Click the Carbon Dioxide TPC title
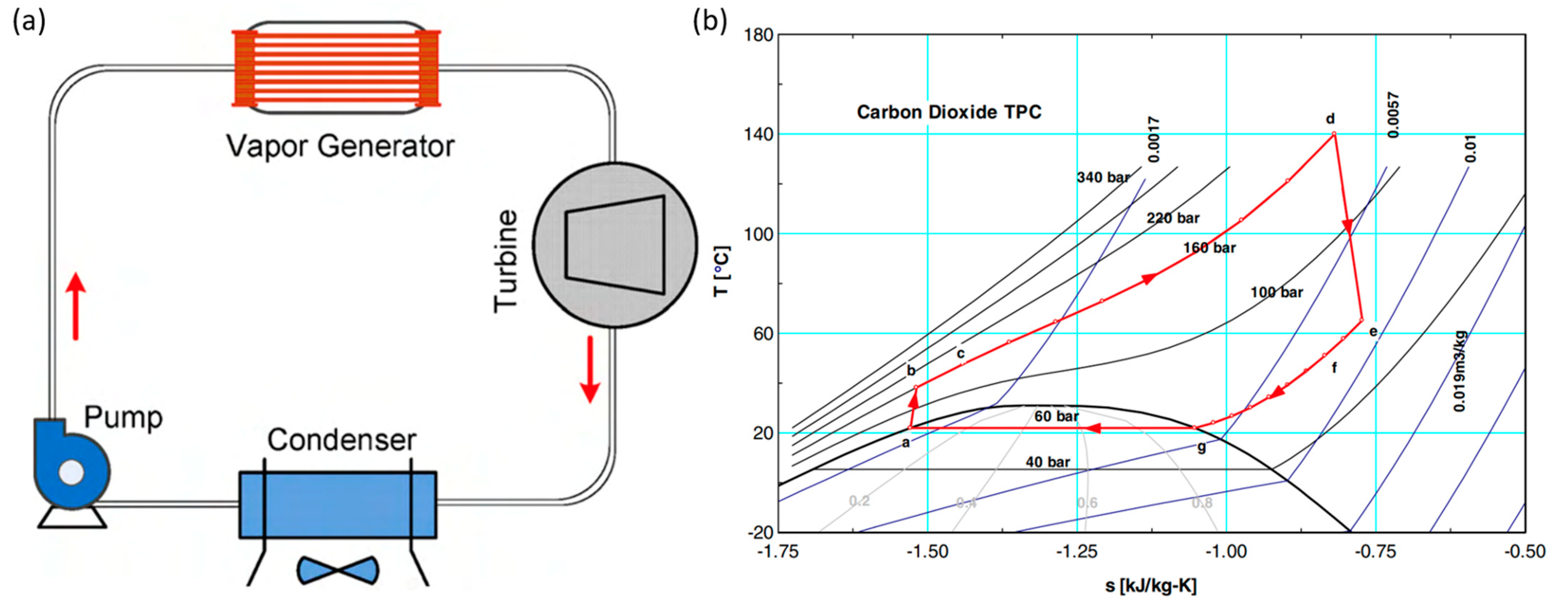click(949, 112)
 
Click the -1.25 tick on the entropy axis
click(1077, 552)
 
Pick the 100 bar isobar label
click(1277, 292)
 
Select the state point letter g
click(1202, 448)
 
